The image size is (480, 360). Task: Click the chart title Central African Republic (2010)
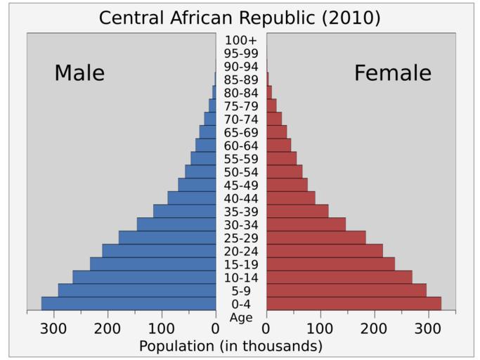coord(240,18)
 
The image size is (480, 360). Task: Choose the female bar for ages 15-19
coord(330,264)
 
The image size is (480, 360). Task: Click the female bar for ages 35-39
coord(297,211)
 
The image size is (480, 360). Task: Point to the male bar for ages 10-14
coord(144,277)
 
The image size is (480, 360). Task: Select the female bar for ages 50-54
coord(284,172)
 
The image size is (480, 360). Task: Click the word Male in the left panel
coord(79,73)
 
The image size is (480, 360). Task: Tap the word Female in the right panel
coord(392,73)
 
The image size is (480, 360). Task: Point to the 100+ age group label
coord(241,40)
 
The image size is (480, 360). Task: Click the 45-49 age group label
coord(241,185)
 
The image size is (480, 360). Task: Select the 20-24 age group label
coord(241,251)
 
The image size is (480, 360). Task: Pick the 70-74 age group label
coord(241,119)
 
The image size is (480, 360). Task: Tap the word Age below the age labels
coord(241,317)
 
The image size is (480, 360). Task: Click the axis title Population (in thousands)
coord(231,346)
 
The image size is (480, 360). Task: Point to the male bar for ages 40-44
coord(192,198)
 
